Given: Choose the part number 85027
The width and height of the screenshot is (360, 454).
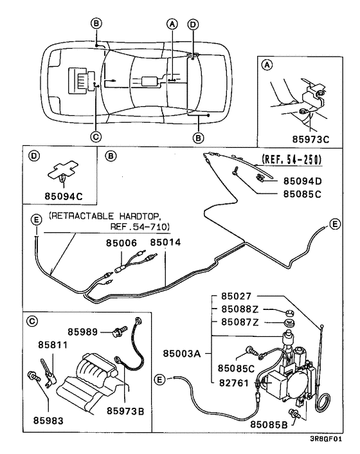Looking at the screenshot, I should (x=231, y=297).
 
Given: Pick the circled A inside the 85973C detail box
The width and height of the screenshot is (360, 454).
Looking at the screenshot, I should (x=267, y=65).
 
